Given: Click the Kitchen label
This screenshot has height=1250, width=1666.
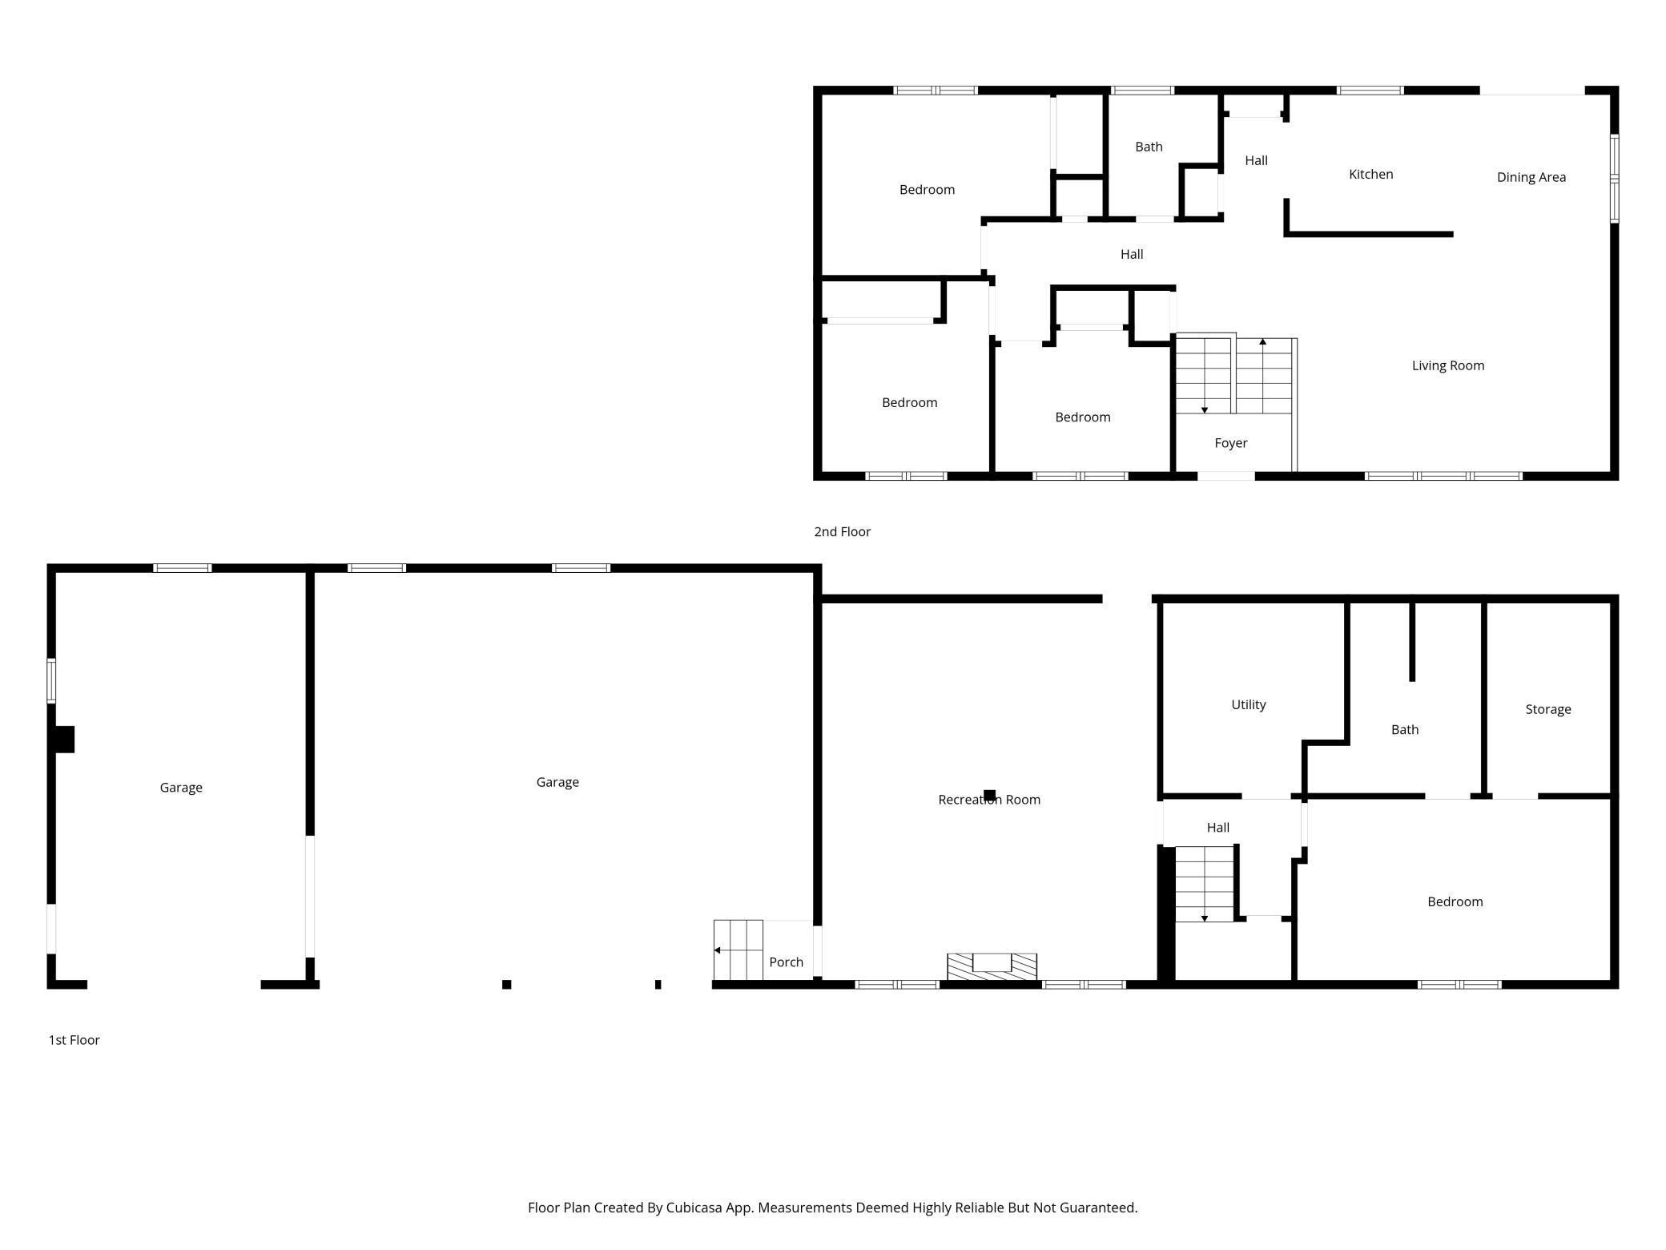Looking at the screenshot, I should point(1370,174).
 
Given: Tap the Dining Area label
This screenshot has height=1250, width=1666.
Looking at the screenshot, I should point(1531,177).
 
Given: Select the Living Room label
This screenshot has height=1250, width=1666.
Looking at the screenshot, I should point(1447,365).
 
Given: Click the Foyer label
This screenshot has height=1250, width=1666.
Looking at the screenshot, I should point(1230,442).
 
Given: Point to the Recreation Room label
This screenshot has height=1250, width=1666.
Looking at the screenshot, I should point(988,799).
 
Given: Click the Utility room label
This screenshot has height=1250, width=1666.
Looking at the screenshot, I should point(1248,704).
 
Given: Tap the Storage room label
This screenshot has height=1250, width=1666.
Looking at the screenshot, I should point(1547,709).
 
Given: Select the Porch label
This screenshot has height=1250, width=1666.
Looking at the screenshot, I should point(786,962).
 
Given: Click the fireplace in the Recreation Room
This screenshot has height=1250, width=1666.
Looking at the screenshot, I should point(992,966).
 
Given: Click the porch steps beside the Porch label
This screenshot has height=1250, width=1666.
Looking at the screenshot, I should point(738,950).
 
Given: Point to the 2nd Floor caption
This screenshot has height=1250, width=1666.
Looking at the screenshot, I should point(842,531).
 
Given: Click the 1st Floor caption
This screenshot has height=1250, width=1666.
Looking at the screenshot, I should point(74,1039).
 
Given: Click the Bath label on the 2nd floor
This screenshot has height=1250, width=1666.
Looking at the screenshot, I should point(1149,147).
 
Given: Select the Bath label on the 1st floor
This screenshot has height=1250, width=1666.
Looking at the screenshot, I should point(1404,729).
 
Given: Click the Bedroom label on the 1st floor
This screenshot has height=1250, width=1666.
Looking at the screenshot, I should point(1455,901).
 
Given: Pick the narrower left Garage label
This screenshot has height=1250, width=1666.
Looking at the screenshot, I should point(181,788).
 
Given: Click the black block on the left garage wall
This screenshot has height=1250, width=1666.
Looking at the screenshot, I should point(64,739).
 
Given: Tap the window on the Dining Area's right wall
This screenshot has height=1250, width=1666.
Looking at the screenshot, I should point(1614,178).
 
